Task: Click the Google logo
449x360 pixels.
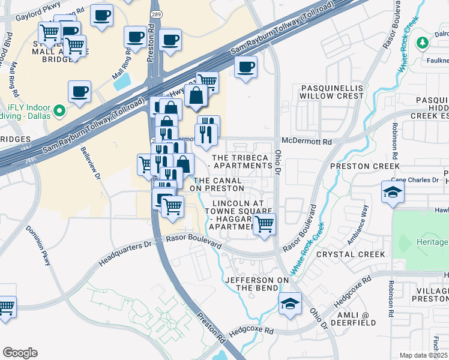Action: [20, 353]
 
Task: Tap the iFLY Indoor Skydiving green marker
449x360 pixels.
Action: [59, 111]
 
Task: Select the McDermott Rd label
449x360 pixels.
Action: [310, 142]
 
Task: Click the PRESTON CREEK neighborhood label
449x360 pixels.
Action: [364, 166]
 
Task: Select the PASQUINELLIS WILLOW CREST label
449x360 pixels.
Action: [332, 92]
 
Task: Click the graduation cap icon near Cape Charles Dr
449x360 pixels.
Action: [393, 192]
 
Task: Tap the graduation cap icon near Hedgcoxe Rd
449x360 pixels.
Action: [290, 303]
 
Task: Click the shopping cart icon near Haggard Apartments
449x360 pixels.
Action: [264, 225]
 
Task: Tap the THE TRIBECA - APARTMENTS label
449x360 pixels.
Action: [240, 161]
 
